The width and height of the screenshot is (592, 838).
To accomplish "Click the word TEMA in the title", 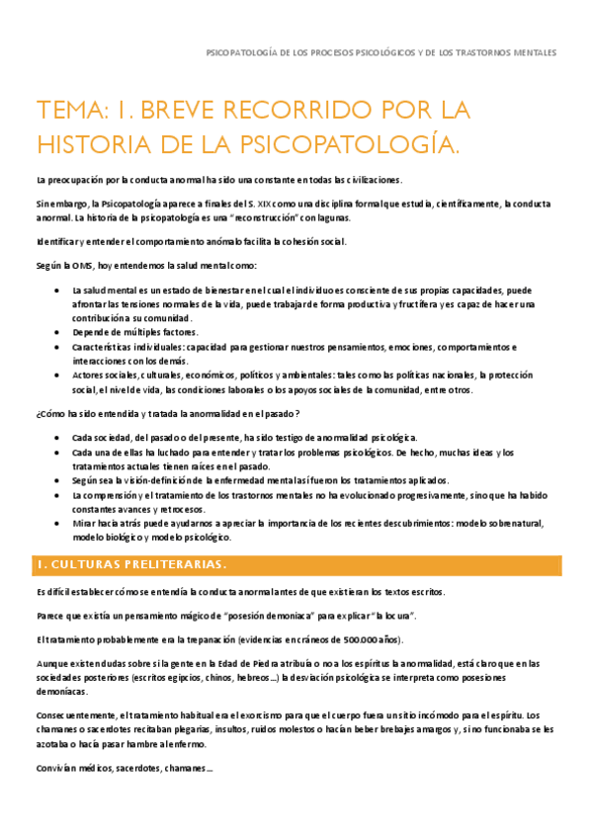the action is coord(68,110).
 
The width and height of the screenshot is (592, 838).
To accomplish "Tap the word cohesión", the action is coord(291,242).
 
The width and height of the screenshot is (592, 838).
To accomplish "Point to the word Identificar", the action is coord(59,242).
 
